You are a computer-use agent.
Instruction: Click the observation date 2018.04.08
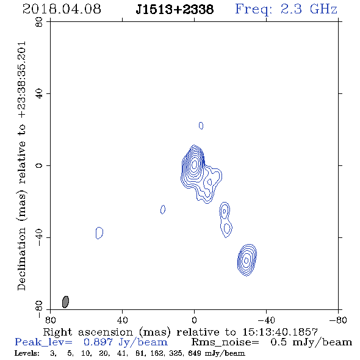coord(62,9)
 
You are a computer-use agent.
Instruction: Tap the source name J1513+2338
coord(175,10)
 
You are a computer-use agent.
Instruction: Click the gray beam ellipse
coord(65,301)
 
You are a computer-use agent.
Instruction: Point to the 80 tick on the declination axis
coord(39,22)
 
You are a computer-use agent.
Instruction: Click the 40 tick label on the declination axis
coord(39,94)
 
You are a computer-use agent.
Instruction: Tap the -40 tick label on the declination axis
coord(39,237)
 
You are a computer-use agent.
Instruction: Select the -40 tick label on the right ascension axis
coord(266,320)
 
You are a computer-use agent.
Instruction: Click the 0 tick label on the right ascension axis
coord(194,320)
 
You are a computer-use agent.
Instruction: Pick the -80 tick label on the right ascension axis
coord(338,320)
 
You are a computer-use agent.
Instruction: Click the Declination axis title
coord(21,166)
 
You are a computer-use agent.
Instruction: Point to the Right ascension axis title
coord(181,332)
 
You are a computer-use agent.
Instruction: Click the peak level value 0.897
coord(98,342)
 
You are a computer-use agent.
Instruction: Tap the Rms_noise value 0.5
coord(278,342)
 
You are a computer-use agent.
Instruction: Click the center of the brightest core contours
coord(194,164)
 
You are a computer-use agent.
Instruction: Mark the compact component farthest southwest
coord(247,260)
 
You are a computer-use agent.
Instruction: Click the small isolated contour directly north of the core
coord(201,126)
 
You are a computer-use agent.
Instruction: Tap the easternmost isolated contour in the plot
coord(99,233)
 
